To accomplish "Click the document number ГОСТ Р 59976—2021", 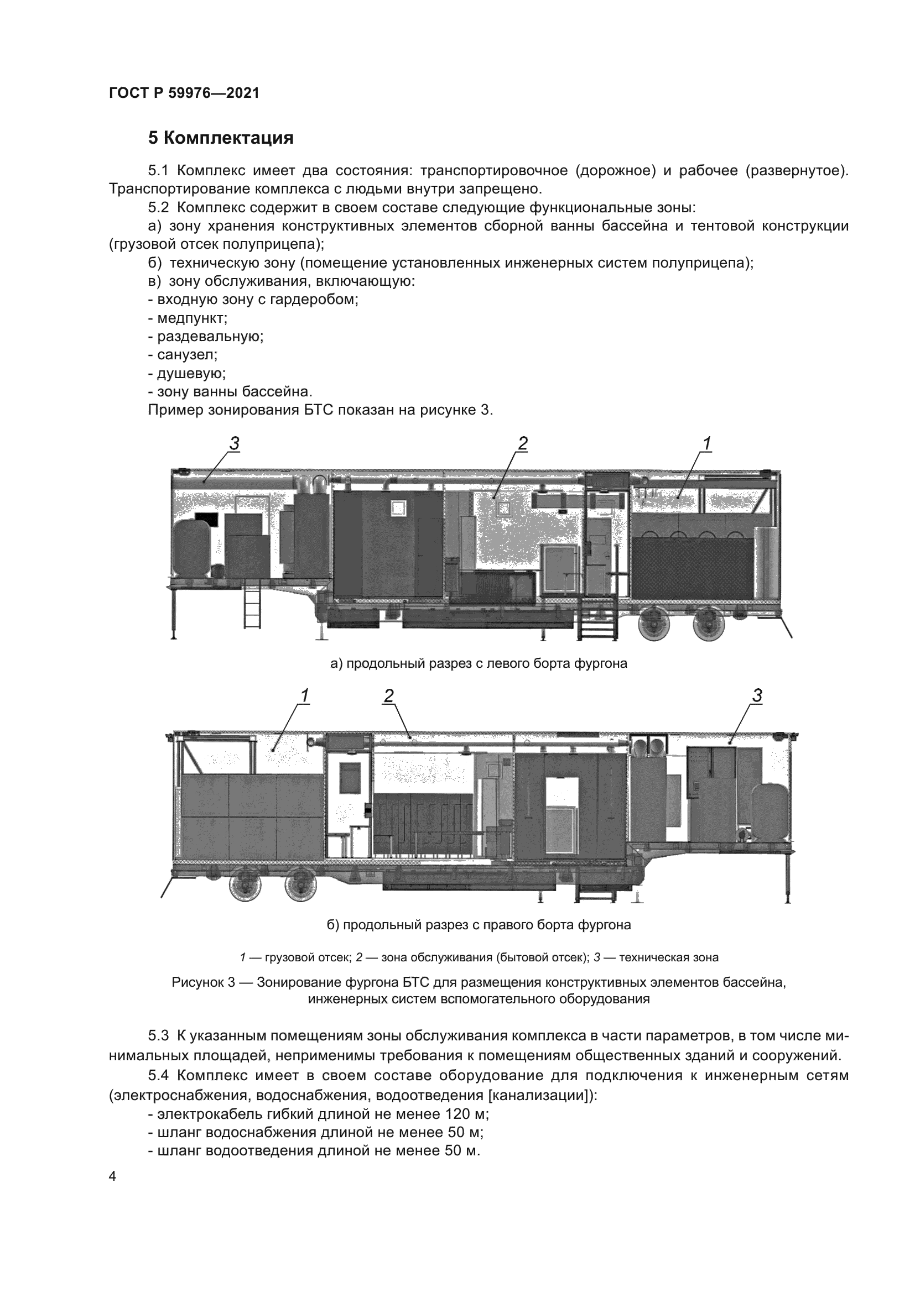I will point(184,93).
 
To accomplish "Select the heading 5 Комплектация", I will point(220,138).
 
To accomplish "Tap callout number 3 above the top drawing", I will point(235,444).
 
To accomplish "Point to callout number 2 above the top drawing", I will point(522,444).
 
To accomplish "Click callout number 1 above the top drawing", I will point(707,444).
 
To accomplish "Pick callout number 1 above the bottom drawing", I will point(304,696).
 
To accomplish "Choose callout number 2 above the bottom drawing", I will point(389,696).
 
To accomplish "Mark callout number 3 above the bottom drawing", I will point(757,696).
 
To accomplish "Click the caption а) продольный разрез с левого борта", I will point(479,663).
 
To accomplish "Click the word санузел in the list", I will point(186,355).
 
